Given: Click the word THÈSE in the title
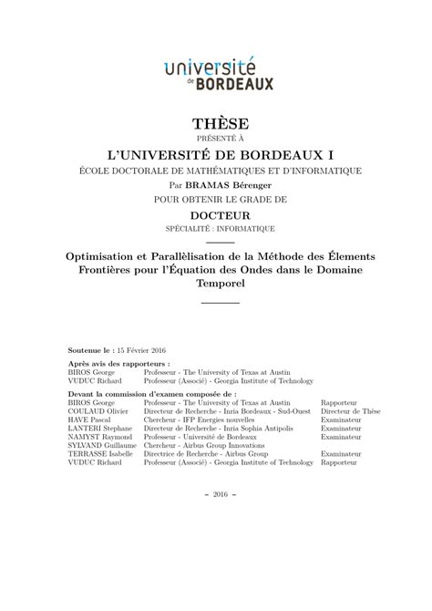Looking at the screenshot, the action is pyautogui.click(x=217, y=123).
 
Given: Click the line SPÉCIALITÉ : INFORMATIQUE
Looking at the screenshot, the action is pyautogui.click(x=217, y=227).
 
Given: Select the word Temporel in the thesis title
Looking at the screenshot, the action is pyautogui.click(x=217, y=284).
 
